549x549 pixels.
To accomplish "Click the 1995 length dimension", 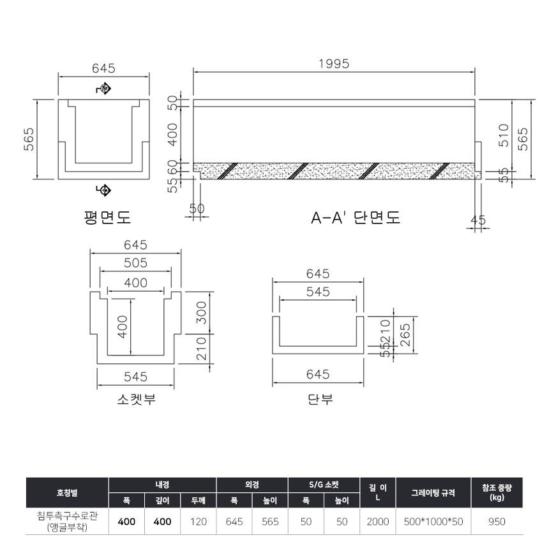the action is click(x=334, y=64).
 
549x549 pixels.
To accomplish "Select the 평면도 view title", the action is click(x=107, y=217).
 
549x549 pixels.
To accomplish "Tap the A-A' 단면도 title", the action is click(x=356, y=218).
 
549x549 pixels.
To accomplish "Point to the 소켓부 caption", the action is click(x=136, y=399).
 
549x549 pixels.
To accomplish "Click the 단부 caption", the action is click(x=320, y=399).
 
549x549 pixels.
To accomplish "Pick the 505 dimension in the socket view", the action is click(x=135, y=263).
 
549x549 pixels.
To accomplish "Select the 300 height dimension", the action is click(x=201, y=313).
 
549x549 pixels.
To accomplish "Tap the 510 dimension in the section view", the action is click(x=503, y=135).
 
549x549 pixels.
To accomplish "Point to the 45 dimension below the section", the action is click(x=478, y=220).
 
